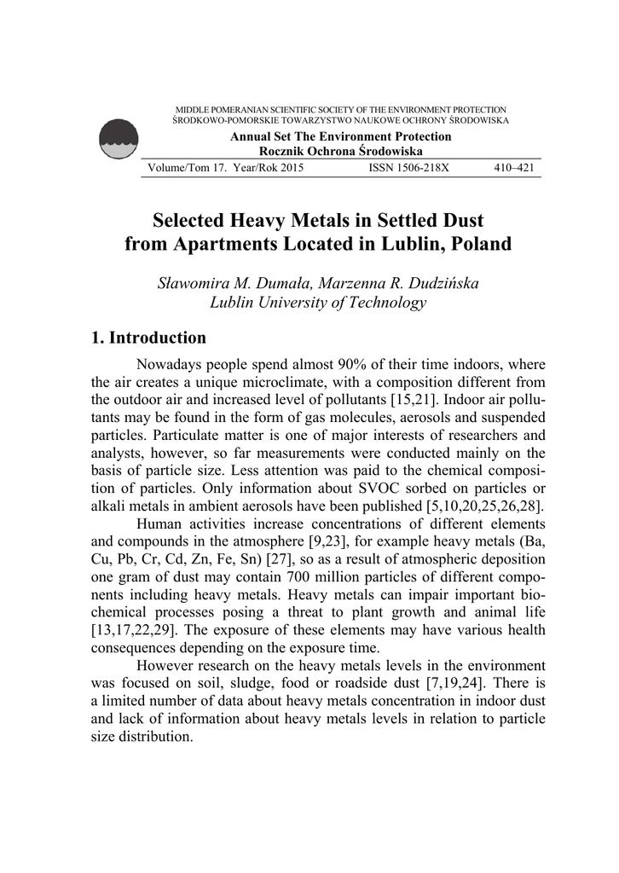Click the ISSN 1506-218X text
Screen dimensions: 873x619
coord(408,168)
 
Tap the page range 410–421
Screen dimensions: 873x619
coord(514,168)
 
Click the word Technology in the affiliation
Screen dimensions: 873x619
coord(379,302)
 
